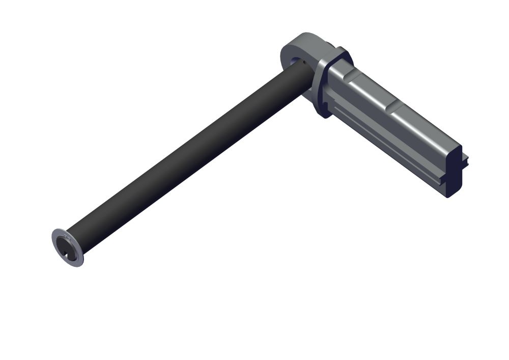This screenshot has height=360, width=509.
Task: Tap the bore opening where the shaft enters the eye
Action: coord(297,62)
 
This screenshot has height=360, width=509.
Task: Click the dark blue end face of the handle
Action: coord(455,171)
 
